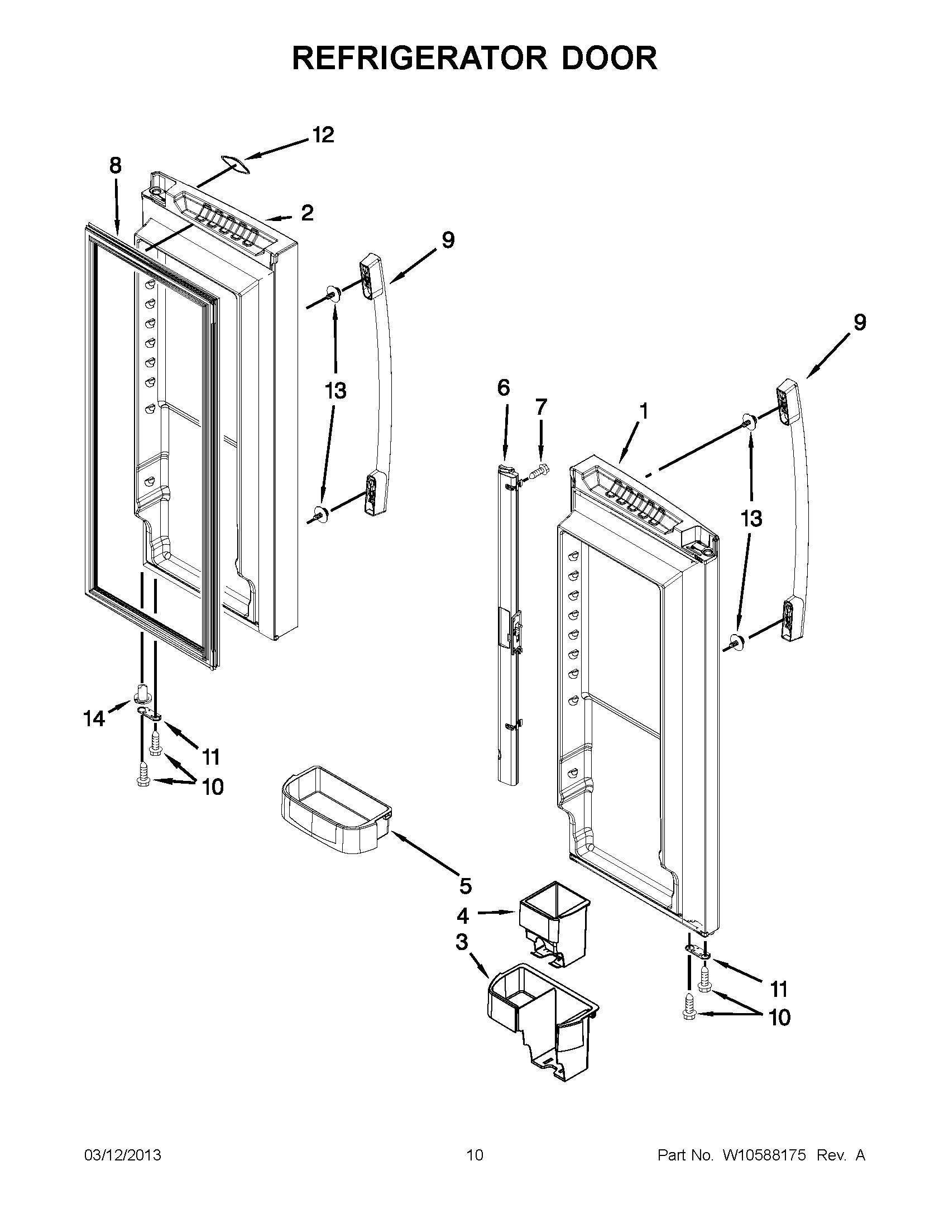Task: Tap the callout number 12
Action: [x=323, y=135]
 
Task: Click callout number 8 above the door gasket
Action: [x=114, y=166]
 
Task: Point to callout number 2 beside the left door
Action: [x=307, y=213]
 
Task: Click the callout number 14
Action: [x=94, y=718]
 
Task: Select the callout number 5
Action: [x=465, y=886]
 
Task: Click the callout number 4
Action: [x=462, y=917]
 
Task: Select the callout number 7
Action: [x=541, y=406]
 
